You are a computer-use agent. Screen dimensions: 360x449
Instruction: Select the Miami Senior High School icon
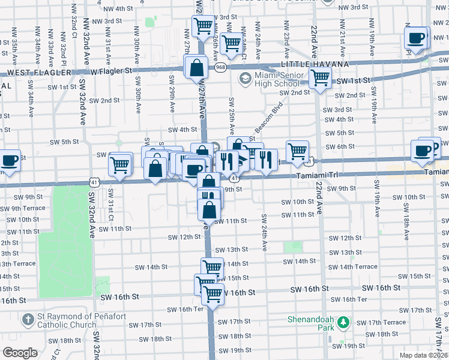[245, 79]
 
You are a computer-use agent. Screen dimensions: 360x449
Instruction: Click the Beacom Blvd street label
[268, 118]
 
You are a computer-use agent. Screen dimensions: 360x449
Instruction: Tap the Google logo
[20, 353]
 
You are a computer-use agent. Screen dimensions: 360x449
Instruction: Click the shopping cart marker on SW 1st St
[321, 77]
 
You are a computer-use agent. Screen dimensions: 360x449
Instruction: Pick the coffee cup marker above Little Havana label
[415, 38]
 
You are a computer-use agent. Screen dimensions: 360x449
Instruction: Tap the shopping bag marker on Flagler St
[196, 68]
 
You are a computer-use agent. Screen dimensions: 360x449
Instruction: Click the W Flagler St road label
[112, 71]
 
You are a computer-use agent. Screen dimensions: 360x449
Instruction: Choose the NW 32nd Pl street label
[62, 44]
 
